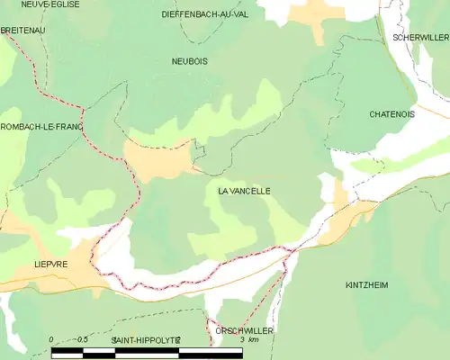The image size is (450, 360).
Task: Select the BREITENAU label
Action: pos(22,30)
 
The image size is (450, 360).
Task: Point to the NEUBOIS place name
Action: pos(189,61)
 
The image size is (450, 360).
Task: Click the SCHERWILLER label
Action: pos(420,37)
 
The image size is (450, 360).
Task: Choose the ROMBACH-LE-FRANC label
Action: pos(41,127)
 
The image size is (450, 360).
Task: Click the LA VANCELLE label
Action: pos(244,192)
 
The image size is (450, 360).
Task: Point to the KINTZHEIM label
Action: pos(366,284)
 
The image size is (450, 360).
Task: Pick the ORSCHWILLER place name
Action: pos(244,331)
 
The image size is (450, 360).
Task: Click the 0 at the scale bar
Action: pos(51,339)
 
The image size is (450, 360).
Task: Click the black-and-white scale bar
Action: pos(147,352)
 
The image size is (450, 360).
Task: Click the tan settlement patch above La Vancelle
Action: pos(157,160)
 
